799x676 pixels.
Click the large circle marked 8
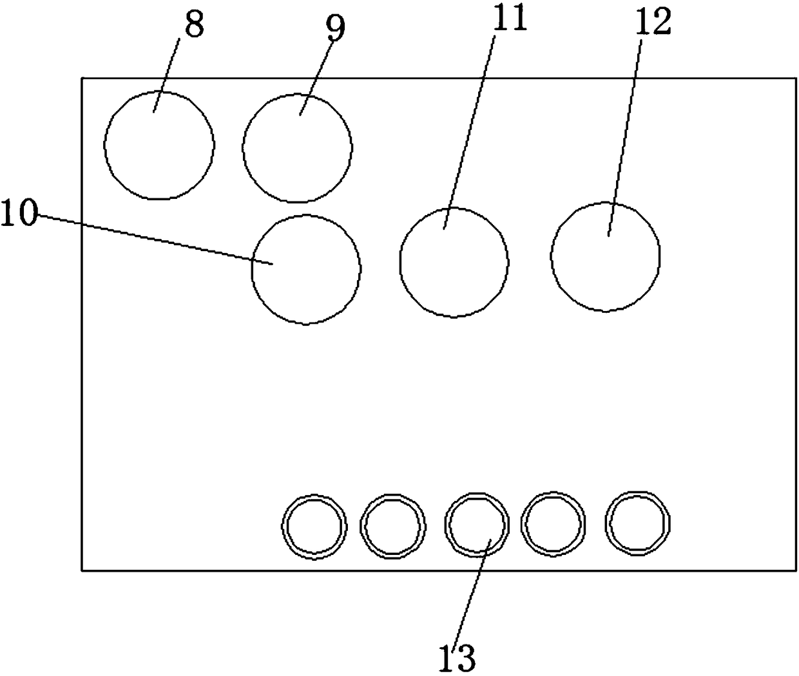[x=159, y=145]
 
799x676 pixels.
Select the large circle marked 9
[x=298, y=147]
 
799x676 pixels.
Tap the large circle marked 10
[x=306, y=269]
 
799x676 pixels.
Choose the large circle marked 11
[x=454, y=262]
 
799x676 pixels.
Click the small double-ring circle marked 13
[x=477, y=524]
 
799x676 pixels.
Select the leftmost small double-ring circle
[x=314, y=526]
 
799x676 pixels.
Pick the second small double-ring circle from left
[x=393, y=526]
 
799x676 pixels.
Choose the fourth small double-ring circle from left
[x=554, y=524]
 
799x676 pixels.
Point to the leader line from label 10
[x=155, y=239]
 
